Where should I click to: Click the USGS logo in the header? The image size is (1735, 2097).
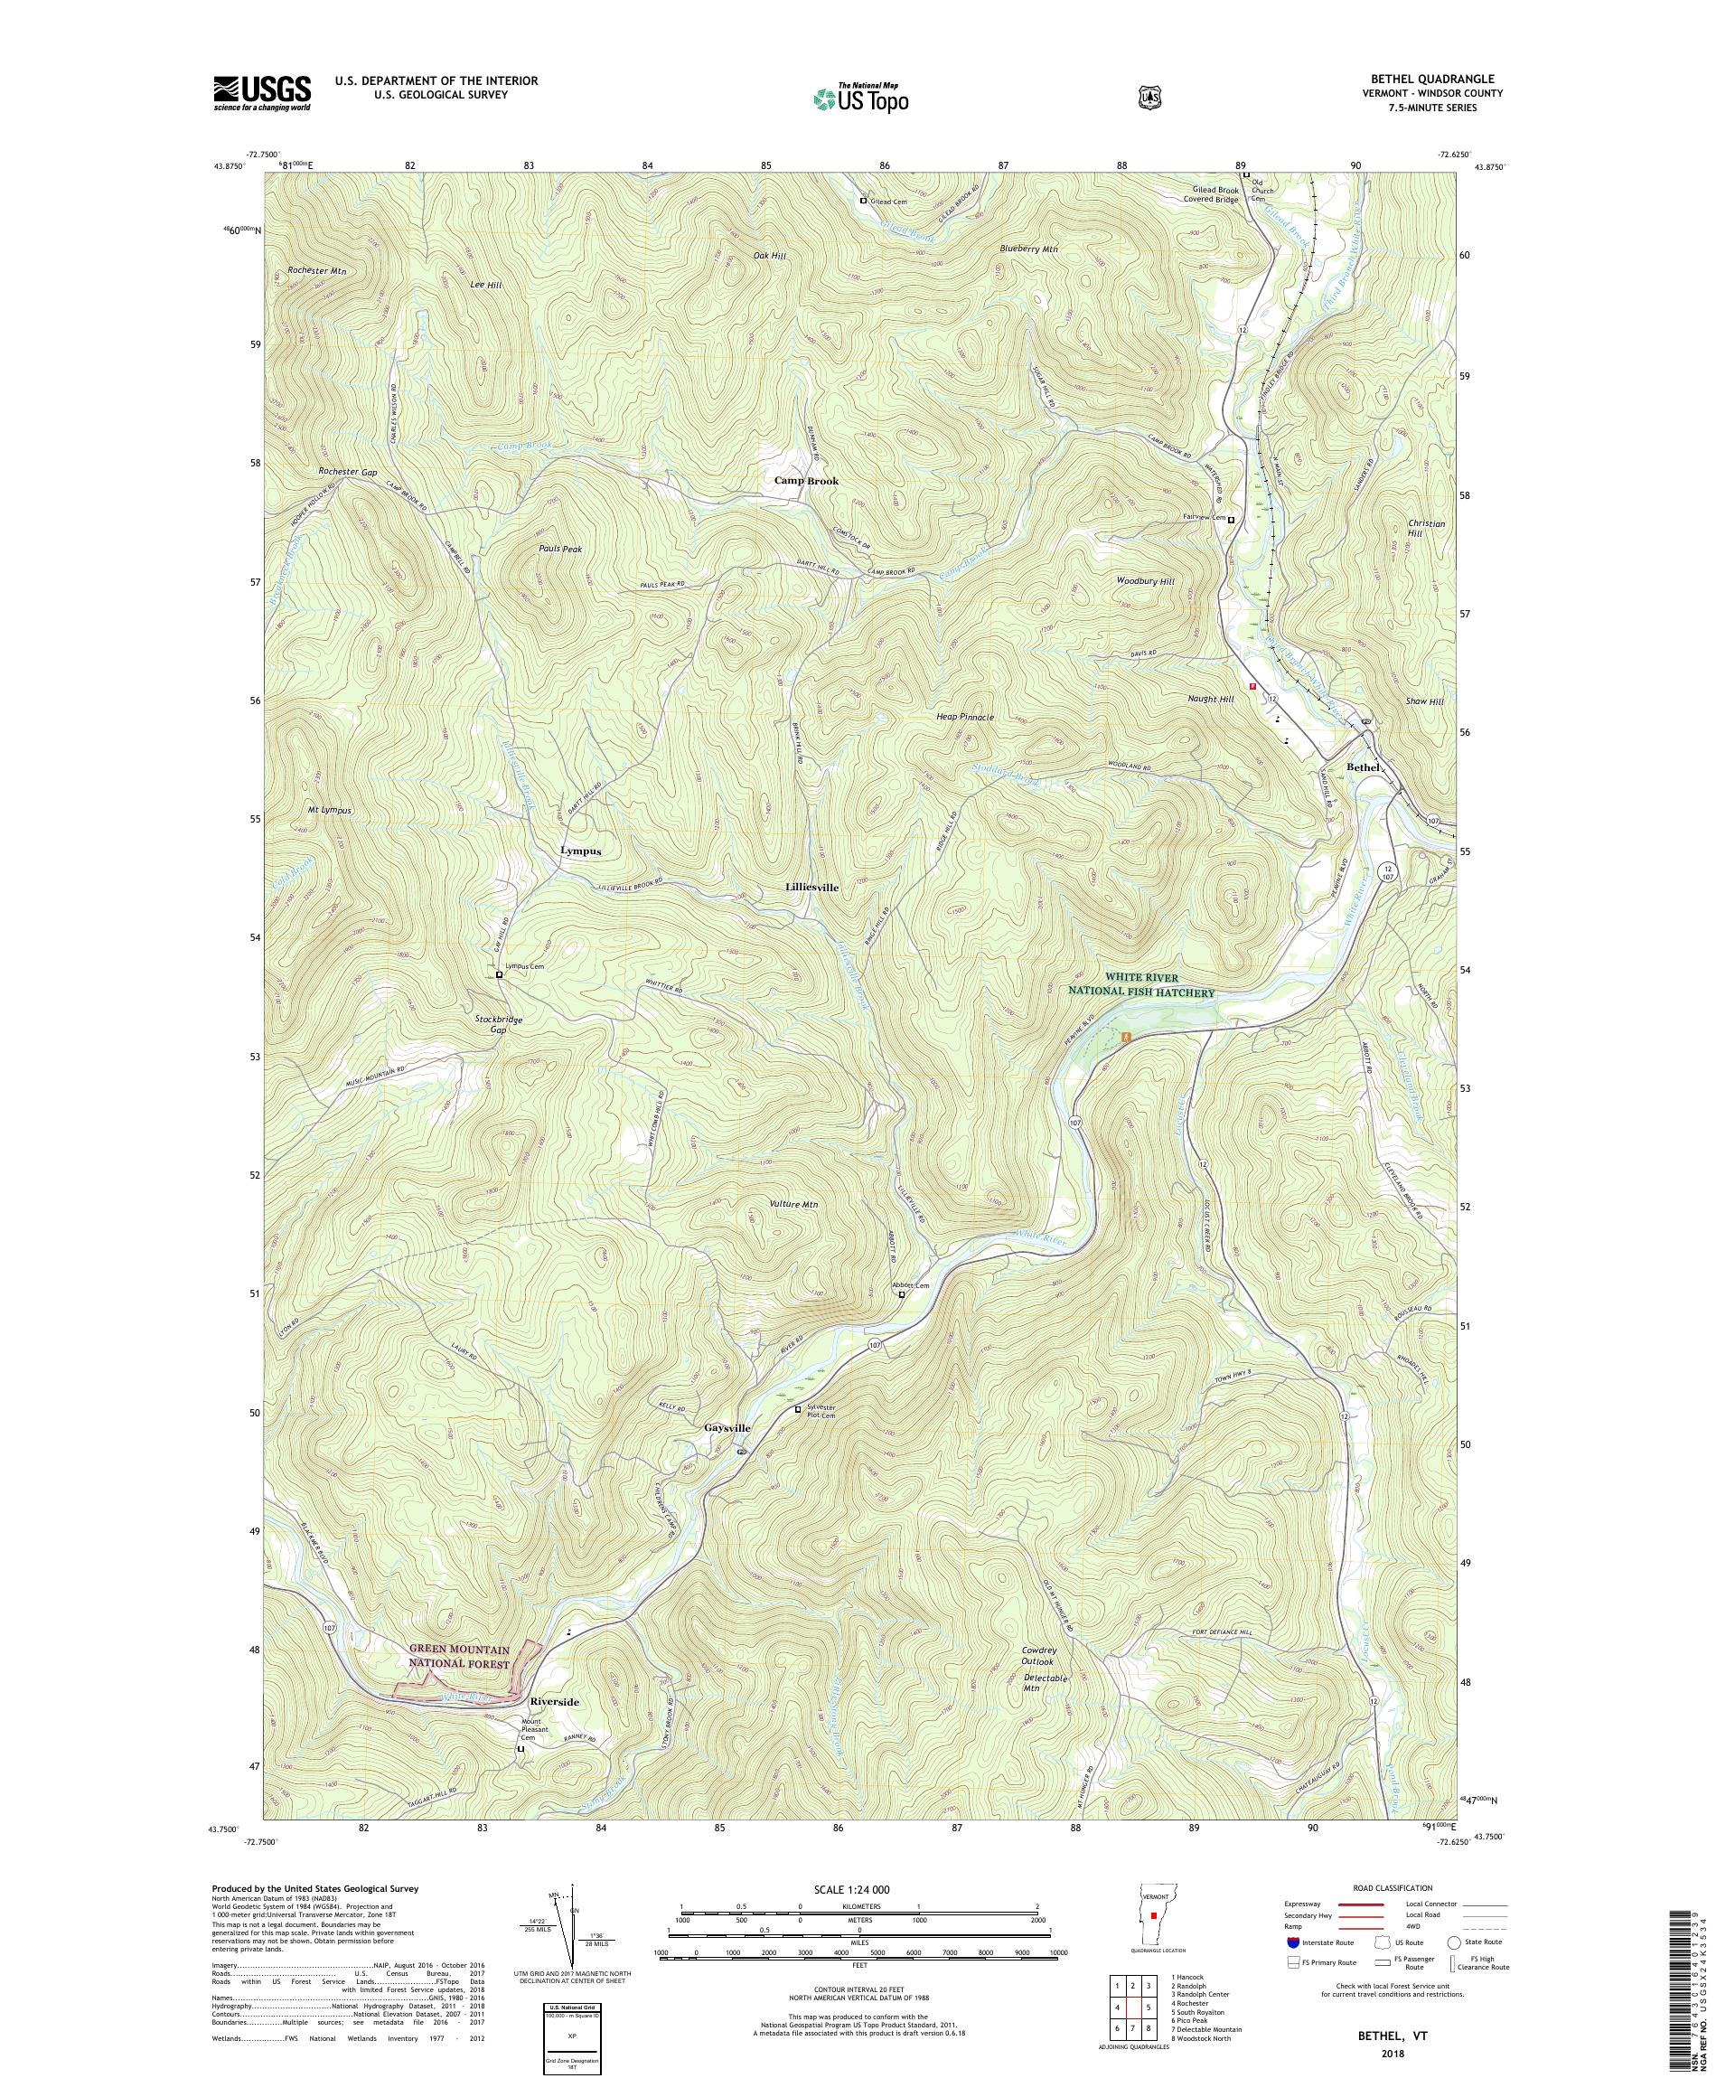261,94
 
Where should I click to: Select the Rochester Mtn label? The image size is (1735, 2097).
315,270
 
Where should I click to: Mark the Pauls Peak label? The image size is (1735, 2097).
560,550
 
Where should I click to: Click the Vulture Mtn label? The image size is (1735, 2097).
793,1204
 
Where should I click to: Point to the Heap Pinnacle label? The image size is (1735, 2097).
964,717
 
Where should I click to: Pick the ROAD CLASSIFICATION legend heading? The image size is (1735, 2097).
1392,1888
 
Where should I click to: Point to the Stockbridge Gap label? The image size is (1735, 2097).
498,1024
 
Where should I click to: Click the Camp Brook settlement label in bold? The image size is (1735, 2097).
807,480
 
